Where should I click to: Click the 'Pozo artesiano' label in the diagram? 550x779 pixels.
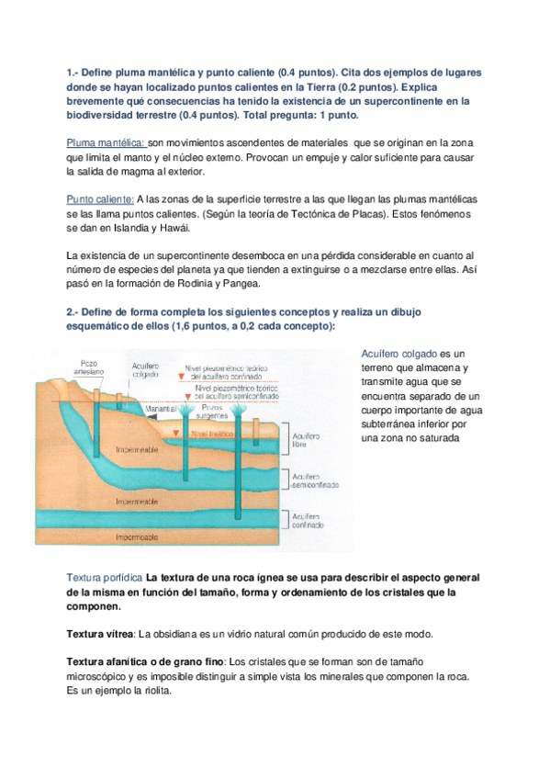tap(90, 366)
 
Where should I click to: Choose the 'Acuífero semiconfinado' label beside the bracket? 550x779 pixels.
tap(314, 480)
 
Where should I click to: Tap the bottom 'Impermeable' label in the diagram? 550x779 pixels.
tap(137, 536)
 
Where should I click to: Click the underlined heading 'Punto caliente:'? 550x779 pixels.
tap(100, 199)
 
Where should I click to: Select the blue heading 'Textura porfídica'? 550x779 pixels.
tap(105, 577)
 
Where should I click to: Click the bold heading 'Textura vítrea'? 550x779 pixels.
tap(101, 635)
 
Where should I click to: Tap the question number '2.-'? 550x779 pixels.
tap(75, 312)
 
